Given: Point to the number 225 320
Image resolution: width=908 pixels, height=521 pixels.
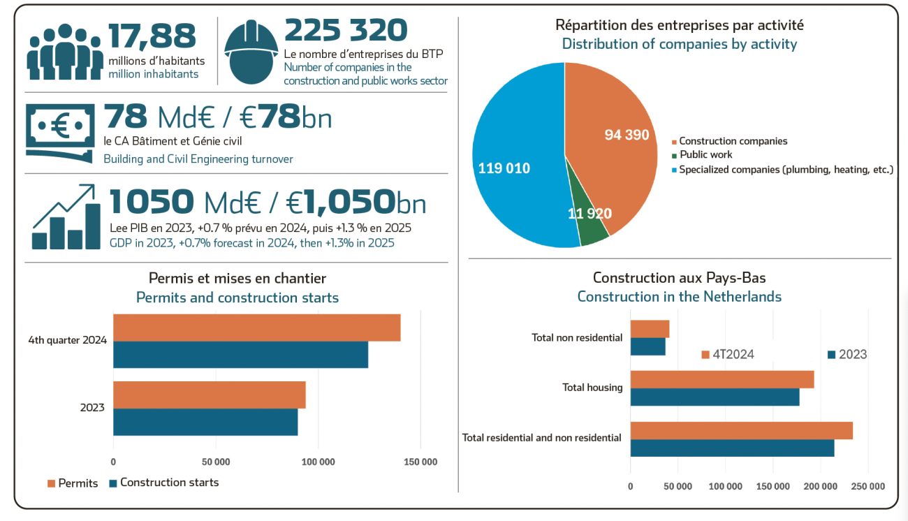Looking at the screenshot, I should coord(346,31).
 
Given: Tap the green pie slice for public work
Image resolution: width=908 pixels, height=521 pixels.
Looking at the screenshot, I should coord(592,223).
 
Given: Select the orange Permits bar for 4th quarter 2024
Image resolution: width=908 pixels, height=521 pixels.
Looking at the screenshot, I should coord(256,328).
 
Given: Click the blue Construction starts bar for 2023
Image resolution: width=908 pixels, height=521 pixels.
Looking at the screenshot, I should coord(205,422).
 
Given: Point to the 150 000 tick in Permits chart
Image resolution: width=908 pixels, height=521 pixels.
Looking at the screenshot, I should coord(420,462).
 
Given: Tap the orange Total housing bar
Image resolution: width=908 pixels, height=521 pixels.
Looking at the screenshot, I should coord(722,379).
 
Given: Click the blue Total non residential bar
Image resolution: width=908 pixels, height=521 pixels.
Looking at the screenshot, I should coord(647,346).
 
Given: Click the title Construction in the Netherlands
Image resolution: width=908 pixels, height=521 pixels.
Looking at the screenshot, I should coord(679,297).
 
